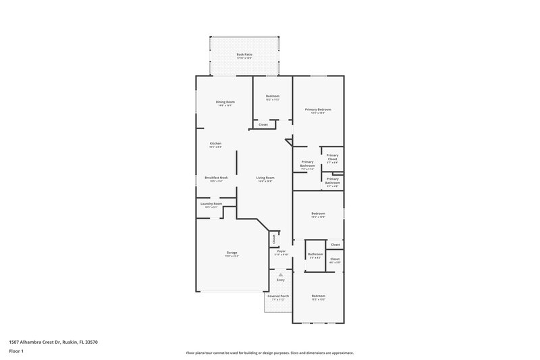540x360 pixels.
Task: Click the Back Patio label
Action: click(x=244, y=55)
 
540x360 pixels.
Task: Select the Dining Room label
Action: click(x=225, y=102)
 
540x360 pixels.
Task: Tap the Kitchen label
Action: click(x=215, y=144)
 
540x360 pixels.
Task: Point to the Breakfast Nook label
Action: click(x=216, y=178)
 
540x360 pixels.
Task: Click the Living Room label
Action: click(x=265, y=178)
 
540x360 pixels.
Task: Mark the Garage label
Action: click(x=232, y=253)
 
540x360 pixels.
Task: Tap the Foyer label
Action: click(x=281, y=251)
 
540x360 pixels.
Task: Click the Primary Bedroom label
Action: click(x=318, y=109)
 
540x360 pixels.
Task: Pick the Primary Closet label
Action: click(x=333, y=157)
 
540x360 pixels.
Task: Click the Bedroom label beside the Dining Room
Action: click(x=272, y=97)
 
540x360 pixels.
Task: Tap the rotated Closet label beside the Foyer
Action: click(x=274, y=238)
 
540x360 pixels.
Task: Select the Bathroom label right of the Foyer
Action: click(x=315, y=255)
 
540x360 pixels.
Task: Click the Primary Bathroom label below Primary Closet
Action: click(x=333, y=180)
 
